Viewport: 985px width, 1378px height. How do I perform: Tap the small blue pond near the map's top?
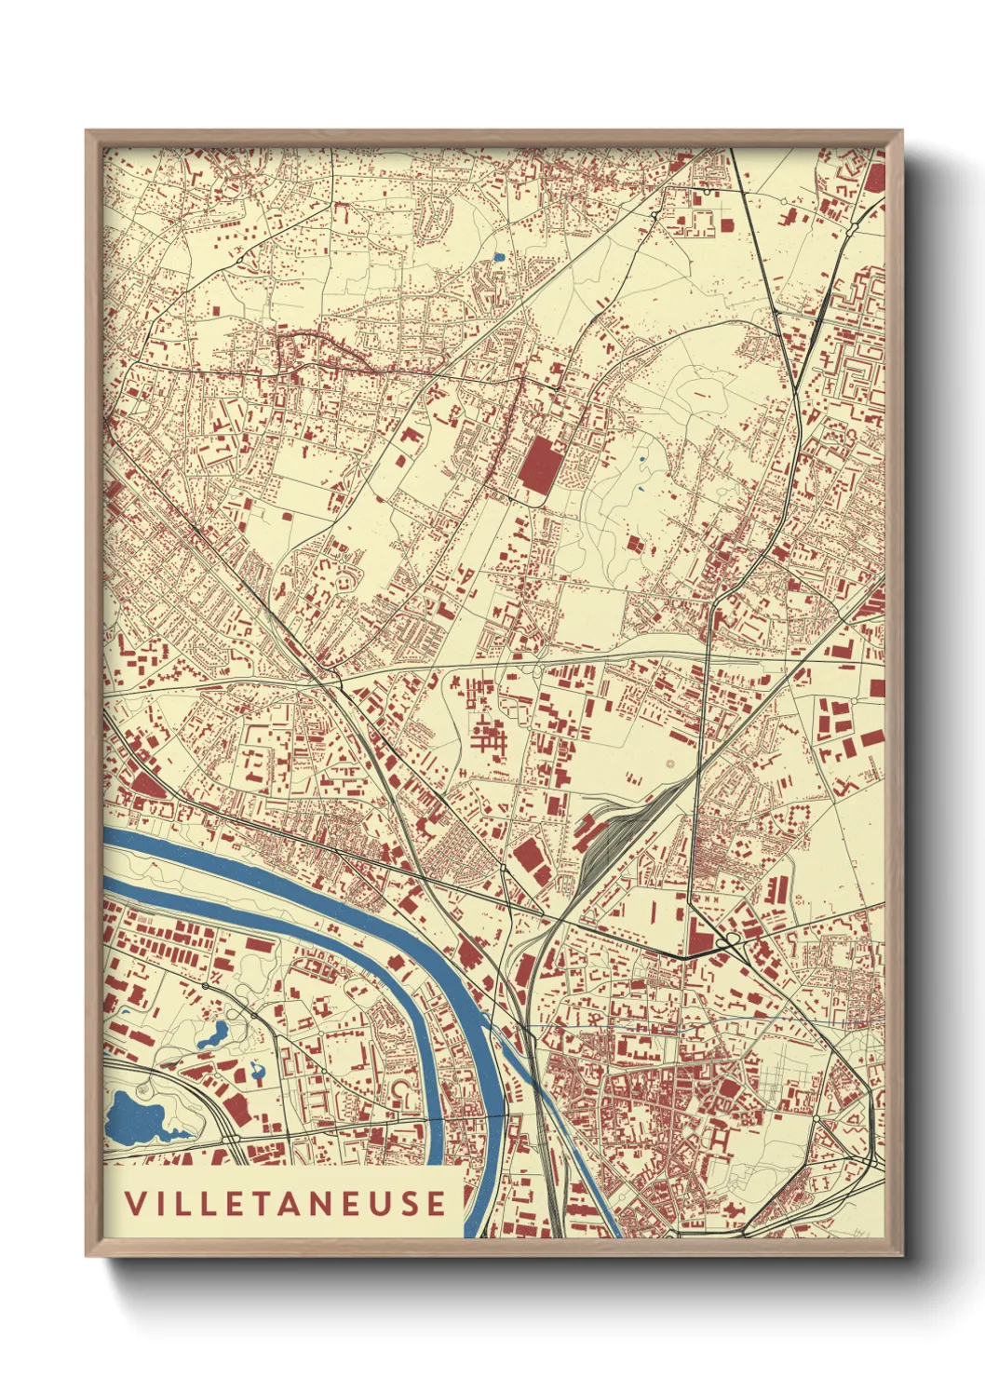(498, 257)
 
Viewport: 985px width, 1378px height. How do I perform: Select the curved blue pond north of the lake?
(213, 1033)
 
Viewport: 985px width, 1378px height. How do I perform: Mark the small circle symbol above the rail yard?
(669, 764)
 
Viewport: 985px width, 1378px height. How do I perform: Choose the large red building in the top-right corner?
(875, 176)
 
